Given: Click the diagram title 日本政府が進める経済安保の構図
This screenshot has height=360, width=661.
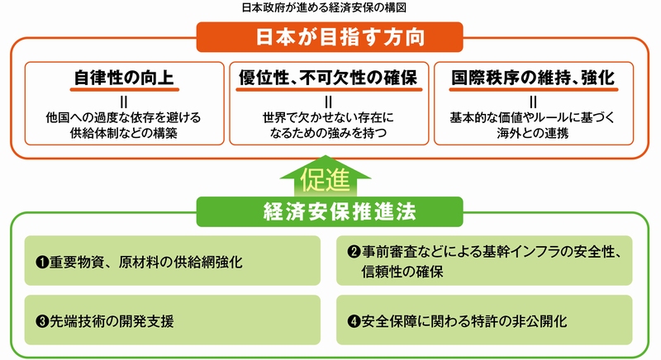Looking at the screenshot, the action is click(324, 7).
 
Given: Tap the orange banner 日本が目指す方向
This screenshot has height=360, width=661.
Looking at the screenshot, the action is click(330, 37).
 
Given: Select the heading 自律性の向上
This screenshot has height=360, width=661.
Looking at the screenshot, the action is click(124, 78).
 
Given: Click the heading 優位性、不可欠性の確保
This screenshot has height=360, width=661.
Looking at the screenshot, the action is click(328, 78).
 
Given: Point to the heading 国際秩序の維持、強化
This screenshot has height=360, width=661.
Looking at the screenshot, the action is click(533, 78).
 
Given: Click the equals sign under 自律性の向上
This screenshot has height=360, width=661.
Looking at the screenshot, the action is click(124, 102).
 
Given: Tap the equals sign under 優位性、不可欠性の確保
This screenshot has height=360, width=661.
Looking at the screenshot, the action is click(329, 102).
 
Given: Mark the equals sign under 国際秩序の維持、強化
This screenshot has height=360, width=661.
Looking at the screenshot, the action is click(533, 102).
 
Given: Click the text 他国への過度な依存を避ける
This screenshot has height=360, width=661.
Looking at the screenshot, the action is click(123, 117).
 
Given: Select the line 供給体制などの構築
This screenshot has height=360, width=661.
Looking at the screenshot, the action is click(123, 133).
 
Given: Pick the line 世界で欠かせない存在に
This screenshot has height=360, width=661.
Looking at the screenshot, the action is click(328, 117).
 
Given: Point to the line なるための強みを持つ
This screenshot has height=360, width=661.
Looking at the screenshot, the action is click(328, 133).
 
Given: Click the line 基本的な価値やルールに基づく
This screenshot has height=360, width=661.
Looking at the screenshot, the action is click(533, 117).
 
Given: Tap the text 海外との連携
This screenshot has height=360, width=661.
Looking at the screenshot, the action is click(533, 133).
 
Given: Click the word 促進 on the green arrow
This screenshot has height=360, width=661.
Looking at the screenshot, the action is click(325, 180).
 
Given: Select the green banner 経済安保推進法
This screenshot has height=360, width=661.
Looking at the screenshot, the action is click(330, 212).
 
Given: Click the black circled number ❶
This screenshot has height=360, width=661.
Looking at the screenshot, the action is click(42, 263).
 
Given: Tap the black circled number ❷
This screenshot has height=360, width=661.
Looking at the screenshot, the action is click(354, 252).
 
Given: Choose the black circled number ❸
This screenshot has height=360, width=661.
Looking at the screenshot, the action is click(42, 322).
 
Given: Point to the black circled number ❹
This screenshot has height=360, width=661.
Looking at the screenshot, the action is click(354, 322).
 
